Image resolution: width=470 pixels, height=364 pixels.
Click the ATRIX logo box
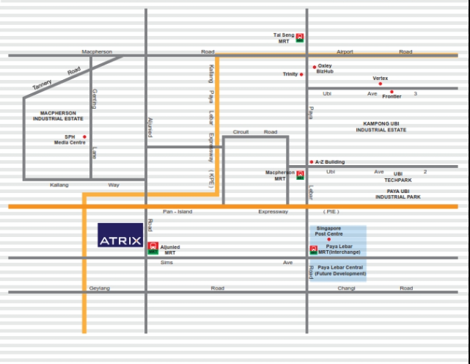(x=120, y=236)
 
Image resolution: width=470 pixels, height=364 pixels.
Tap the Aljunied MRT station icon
(x=153, y=247)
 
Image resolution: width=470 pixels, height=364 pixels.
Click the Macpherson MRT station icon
(x=300, y=175)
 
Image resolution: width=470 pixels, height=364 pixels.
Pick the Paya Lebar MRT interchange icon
(x=314, y=250)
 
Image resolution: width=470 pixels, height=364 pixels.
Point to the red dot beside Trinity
(x=301, y=74)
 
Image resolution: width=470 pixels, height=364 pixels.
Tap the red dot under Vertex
(x=380, y=84)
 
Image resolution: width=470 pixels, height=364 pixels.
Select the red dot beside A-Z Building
(x=312, y=162)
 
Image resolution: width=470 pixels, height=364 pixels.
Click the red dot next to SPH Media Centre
(x=84, y=136)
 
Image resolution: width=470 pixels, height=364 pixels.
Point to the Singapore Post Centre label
(x=328, y=230)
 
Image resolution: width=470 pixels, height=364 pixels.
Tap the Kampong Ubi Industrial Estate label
(x=381, y=126)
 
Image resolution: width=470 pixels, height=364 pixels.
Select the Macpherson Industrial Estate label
(x=57, y=115)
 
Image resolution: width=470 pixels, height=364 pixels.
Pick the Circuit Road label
(x=255, y=132)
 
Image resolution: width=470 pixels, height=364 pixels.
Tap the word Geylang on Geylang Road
(x=100, y=288)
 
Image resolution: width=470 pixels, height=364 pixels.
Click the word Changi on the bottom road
(x=346, y=288)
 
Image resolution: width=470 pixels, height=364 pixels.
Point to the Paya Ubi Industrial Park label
(x=398, y=194)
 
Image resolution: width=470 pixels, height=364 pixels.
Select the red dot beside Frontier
(x=392, y=92)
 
